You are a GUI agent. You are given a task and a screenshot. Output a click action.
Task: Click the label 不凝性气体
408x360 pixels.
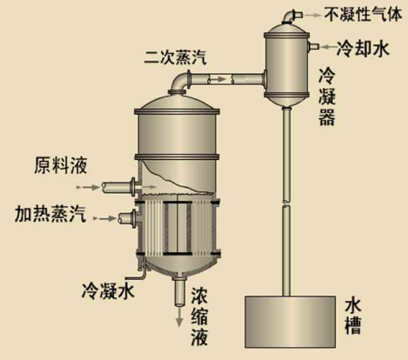click(363, 15)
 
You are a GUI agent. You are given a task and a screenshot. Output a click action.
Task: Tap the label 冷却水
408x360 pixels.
click(363, 48)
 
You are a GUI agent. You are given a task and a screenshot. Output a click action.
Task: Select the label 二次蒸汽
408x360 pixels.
click(176, 57)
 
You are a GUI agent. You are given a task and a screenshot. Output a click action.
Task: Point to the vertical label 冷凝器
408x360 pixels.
click(327, 97)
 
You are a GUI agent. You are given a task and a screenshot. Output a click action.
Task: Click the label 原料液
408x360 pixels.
click(61, 165)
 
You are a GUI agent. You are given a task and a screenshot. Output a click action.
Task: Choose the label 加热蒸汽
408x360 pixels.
click(50, 214)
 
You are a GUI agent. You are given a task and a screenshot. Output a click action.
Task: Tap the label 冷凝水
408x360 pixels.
click(108, 290)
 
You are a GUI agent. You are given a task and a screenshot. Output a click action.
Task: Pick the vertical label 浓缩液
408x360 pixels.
click(199, 317)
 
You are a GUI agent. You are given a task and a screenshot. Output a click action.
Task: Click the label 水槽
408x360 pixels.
click(353, 317)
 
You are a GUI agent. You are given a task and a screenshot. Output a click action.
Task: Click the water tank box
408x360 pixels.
click(290, 322)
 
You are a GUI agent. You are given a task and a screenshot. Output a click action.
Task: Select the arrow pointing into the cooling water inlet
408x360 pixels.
click(327, 46)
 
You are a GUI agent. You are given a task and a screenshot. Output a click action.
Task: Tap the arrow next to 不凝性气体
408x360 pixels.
click(312, 15)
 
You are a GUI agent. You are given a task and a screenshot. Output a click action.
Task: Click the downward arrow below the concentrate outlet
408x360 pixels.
click(179, 317)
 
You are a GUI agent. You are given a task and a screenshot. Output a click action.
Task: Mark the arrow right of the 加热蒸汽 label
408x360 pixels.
click(105, 218)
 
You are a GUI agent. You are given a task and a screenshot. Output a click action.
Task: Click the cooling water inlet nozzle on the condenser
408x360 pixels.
click(314, 46)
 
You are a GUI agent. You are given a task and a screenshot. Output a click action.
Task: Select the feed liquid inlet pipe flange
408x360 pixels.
click(134, 187)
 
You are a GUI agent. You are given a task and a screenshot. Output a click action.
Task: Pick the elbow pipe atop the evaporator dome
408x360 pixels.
click(180, 83)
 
